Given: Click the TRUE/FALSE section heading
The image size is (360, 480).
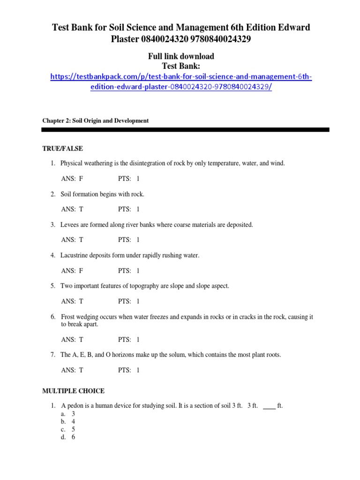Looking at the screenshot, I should tap(62, 149).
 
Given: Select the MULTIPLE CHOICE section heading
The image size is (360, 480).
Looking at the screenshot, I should tap(73, 391).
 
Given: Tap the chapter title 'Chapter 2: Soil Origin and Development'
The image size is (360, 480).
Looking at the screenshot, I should tap(96, 120).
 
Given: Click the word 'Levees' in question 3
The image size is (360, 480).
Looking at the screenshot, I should tap(70, 225).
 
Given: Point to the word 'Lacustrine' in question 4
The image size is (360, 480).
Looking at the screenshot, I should tap(75, 255).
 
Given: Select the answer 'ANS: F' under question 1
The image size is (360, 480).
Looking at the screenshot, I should tap(72, 179).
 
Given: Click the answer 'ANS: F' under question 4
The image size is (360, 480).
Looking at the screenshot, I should tap(72, 270).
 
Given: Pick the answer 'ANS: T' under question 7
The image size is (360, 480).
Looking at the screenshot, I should tap(72, 370).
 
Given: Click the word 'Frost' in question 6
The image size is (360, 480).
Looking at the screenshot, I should tap(67, 317).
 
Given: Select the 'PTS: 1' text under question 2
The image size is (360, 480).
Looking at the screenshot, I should tap(129, 209).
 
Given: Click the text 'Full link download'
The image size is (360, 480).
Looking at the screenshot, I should tap(181, 56).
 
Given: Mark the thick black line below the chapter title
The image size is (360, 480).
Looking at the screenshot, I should tap(186, 129).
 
